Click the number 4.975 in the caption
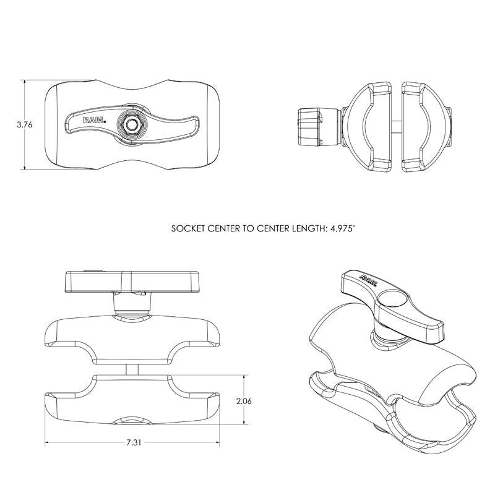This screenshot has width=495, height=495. [x=338, y=228]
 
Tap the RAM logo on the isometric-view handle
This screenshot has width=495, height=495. [x=366, y=278]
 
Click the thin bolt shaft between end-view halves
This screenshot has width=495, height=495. [x=395, y=124]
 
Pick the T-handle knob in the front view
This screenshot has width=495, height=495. [x=134, y=282]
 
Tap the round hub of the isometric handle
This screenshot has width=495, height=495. [x=391, y=301]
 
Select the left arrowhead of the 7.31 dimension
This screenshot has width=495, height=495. [x=48, y=443]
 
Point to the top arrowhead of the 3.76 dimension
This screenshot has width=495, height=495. [x=24, y=82]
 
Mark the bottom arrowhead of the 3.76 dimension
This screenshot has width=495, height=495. [x=24, y=167]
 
